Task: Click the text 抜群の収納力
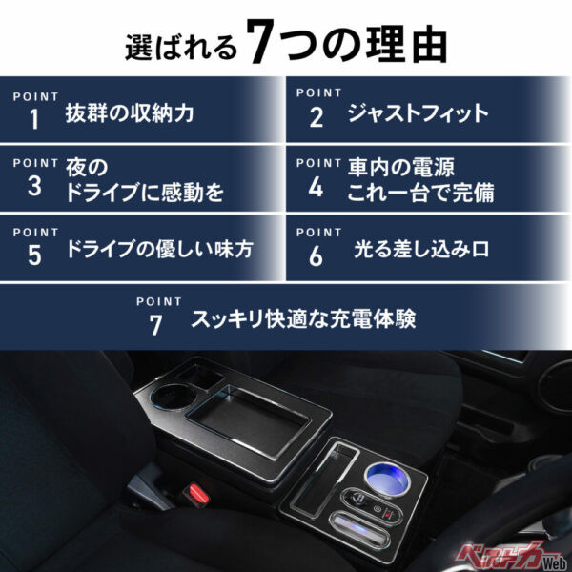[130, 114]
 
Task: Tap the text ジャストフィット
[418, 114]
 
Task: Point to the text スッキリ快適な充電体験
[303, 318]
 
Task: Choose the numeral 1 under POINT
[34, 119]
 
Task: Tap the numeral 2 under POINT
[317, 119]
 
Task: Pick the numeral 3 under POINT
[34, 187]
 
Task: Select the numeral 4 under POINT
[317, 187]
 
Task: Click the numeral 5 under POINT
[34, 255]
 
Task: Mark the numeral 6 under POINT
[317, 255]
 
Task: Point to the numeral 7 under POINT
[156, 324]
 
